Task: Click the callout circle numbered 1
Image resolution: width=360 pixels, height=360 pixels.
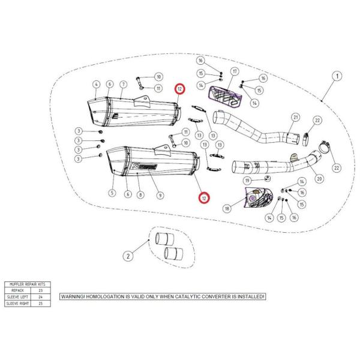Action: click(x=337, y=76)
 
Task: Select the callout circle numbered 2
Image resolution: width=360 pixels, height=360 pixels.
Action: click(x=128, y=256)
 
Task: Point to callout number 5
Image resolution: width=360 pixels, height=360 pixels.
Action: click(x=112, y=193)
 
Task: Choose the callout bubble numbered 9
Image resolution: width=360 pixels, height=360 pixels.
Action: click(x=160, y=195)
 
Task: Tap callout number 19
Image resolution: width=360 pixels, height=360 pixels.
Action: click(x=247, y=180)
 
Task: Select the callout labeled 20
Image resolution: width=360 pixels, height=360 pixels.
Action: click(x=319, y=178)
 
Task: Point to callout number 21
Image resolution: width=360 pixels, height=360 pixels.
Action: click(x=295, y=117)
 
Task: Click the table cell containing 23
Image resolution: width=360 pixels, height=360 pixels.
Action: click(x=40, y=290)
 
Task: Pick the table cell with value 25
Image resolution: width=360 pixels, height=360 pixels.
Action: click(x=40, y=304)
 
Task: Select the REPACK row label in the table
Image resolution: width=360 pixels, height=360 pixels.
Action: click(x=17, y=290)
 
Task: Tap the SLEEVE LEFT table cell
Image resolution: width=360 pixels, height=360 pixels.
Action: click(x=17, y=297)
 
